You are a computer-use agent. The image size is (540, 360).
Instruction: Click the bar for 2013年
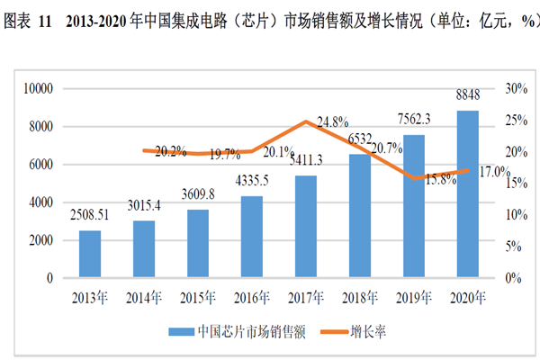[90, 255]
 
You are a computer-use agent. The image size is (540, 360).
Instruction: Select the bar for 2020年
[467, 194]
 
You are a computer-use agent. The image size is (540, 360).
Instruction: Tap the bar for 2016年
[252, 238]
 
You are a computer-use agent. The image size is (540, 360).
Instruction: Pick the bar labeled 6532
[360, 216]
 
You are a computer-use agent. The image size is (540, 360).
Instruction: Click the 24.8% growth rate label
[332, 121]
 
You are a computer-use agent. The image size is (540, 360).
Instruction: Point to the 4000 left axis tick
[43, 202]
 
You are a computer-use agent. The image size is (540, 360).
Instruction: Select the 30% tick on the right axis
[516, 88]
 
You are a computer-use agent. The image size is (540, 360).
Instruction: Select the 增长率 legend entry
[361, 331]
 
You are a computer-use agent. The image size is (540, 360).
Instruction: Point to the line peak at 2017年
[306, 121]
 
